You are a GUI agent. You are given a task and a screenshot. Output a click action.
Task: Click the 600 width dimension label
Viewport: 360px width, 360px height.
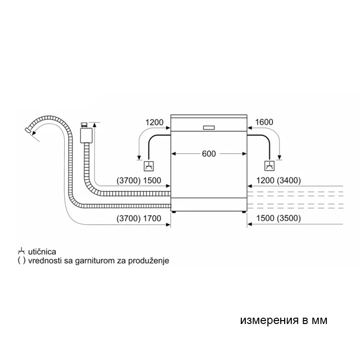(209, 154)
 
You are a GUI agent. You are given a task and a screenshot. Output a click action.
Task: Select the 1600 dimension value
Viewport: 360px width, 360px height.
(264, 122)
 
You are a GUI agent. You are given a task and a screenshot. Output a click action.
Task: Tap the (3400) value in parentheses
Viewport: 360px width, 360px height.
(288, 180)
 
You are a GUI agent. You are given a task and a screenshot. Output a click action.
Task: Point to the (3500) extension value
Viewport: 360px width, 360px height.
(288, 218)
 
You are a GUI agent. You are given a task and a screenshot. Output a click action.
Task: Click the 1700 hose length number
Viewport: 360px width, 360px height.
(152, 218)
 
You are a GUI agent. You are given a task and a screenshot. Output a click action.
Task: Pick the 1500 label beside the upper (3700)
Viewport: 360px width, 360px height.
(152, 180)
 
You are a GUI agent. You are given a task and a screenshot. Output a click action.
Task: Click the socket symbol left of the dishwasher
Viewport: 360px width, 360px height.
(148, 166)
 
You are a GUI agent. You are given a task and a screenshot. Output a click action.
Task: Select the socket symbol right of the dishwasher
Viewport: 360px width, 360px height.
(270, 166)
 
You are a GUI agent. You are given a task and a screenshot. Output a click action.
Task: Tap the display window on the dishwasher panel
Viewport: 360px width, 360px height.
(209, 127)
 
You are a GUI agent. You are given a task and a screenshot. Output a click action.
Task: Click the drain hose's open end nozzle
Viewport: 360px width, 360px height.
(28, 130)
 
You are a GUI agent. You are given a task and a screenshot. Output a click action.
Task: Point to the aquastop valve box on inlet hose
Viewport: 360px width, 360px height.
(86, 135)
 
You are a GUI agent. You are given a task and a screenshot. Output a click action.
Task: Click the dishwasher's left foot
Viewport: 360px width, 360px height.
(174, 212)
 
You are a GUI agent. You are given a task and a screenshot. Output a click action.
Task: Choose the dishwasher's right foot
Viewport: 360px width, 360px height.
(243, 212)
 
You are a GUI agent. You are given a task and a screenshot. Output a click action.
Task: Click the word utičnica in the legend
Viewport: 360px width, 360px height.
(42, 252)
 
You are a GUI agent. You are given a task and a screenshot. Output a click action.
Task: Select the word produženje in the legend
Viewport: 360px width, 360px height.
(148, 261)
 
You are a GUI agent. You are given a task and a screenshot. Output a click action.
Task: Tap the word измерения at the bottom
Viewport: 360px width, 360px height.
(270, 320)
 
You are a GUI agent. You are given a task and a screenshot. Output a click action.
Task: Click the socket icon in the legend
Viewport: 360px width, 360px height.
(21, 251)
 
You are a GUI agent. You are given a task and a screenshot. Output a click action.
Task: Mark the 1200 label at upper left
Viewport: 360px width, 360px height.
(154, 123)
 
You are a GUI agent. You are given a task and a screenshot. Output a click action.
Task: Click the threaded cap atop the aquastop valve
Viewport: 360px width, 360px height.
(84, 125)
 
